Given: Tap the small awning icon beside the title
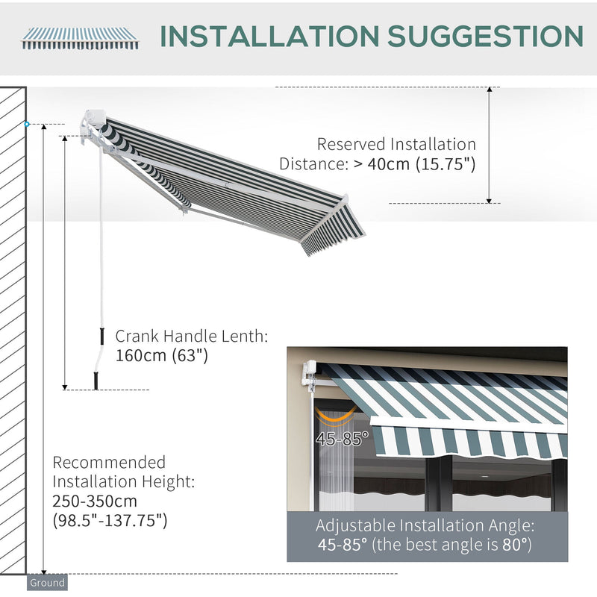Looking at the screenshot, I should click(81, 37).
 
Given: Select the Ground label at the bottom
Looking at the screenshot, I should click(47, 583).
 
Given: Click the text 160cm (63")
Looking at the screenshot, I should click(161, 356).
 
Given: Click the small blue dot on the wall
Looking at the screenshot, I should click(27, 124).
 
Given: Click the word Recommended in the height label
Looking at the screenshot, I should click(109, 463).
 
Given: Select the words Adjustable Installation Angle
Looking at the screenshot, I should click(425, 526).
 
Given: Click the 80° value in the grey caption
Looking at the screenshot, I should click(514, 546).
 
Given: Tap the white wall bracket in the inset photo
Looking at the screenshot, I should click(309, 372).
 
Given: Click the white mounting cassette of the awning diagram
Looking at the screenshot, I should click(94, 119).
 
